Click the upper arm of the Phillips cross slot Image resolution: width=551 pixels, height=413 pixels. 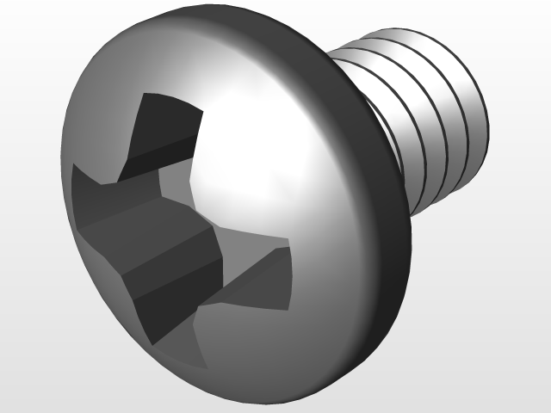164,129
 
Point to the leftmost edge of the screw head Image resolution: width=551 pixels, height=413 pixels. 62,172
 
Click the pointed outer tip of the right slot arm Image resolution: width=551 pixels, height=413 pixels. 289,250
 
